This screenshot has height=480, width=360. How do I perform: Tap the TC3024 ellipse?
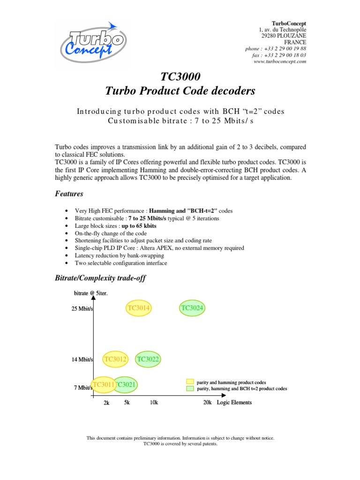pos(193,308)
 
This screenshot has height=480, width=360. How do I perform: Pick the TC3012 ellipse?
pos(116,360)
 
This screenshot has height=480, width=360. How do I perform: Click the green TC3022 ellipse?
pos(148,360)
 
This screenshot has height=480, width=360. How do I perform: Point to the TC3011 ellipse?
pos(103,385)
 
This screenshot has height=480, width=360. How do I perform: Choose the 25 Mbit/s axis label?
pos(82,309)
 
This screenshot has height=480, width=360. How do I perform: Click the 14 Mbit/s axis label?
pos(82,360)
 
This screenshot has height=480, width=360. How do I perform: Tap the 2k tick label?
pos(106,403)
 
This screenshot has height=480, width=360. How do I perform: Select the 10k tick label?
pos(154,403)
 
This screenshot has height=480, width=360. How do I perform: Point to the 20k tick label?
pos(208,403)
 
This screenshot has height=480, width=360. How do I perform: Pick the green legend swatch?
pos(190,389)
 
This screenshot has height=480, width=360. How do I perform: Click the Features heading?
pos(69,194)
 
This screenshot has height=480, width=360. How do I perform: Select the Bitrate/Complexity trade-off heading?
pos(100,278)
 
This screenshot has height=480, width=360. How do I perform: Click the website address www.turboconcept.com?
pos(279,61)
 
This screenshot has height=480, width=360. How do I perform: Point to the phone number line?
pos(276,49)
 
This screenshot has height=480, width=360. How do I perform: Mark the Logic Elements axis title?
pos(234,403)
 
